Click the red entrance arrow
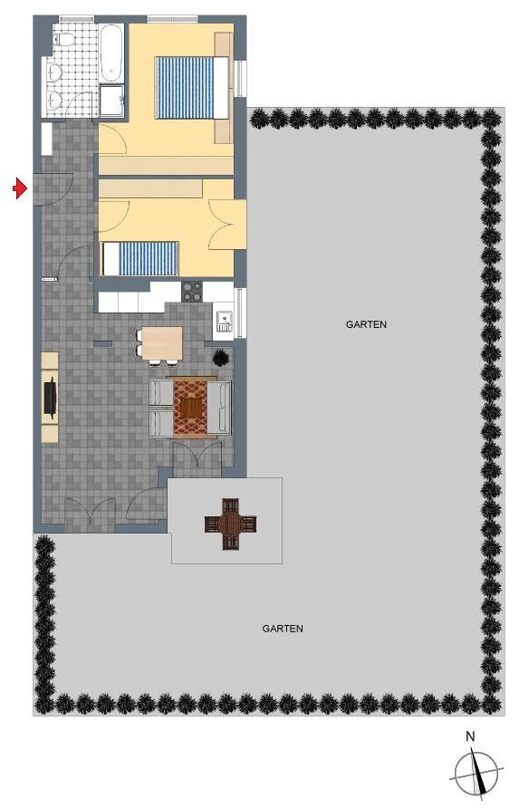coord(20,188)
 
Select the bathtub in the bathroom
coord(111,53)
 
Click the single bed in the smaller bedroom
coord(140,259)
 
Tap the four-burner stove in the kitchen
coord(192,292)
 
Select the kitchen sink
coord(223,321)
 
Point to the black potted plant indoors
coord(221,357)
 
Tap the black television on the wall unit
coord(51,396)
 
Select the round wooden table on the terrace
coord(230,524)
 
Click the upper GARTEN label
coord(367,324)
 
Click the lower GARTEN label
coord(283,629)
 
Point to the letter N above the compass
coord(469,736)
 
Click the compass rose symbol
coord(476,772)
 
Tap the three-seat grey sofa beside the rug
coord(219,408)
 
